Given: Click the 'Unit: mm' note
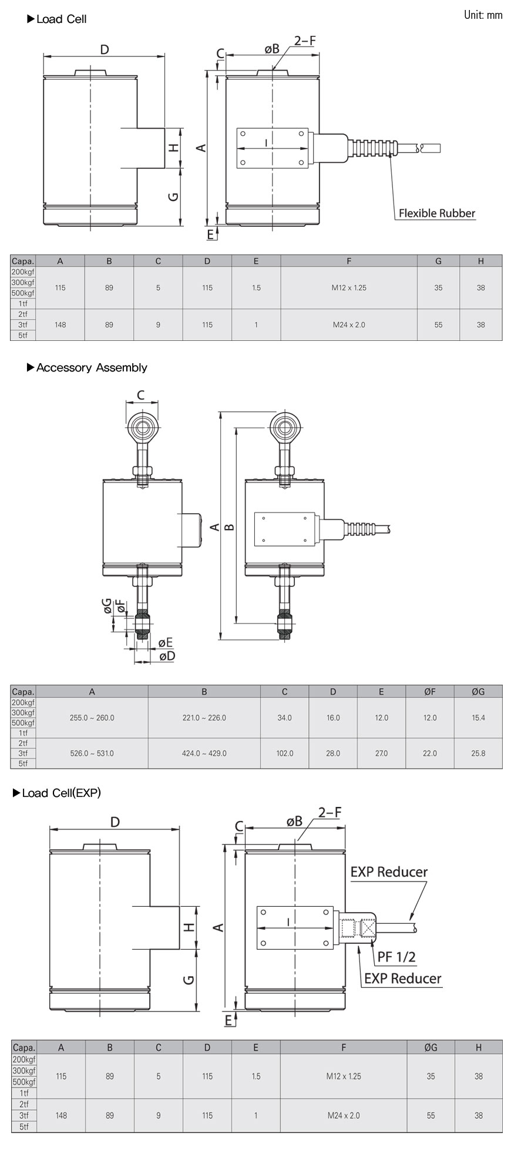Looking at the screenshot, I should (x=483, y=15).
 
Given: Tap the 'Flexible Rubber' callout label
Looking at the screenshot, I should (x=436, y=213).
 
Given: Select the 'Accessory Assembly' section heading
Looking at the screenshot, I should (x=91, y=367).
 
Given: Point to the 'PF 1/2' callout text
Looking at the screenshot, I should (x=396, y=957).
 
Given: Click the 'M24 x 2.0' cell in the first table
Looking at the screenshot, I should (x=349, y=324).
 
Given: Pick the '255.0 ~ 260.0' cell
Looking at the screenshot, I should (x=92, y=718).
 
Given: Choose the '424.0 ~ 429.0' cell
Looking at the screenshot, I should (x=204, y=753).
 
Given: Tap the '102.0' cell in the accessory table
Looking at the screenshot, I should (x=284, y=753).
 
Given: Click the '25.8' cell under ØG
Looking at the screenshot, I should (x=478, y=753).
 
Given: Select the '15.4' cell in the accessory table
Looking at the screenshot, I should (x=478, y=718).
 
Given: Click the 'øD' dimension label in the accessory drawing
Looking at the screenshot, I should (x=167, y=656).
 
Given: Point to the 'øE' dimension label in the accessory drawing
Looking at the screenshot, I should (x=166, y=642).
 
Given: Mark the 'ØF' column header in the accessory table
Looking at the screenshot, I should (x=430, y=692).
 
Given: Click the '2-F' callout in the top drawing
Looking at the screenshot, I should (x=305, y=41).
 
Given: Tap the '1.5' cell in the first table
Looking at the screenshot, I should (x=255, y=288).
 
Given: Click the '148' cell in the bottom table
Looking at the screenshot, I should (x=61, y=1115).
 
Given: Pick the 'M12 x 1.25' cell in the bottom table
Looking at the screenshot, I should (x=344, y=1076).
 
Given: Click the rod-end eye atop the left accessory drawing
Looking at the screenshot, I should (x=142, y=424).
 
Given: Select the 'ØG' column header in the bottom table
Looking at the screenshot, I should (x=431, y=1047).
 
